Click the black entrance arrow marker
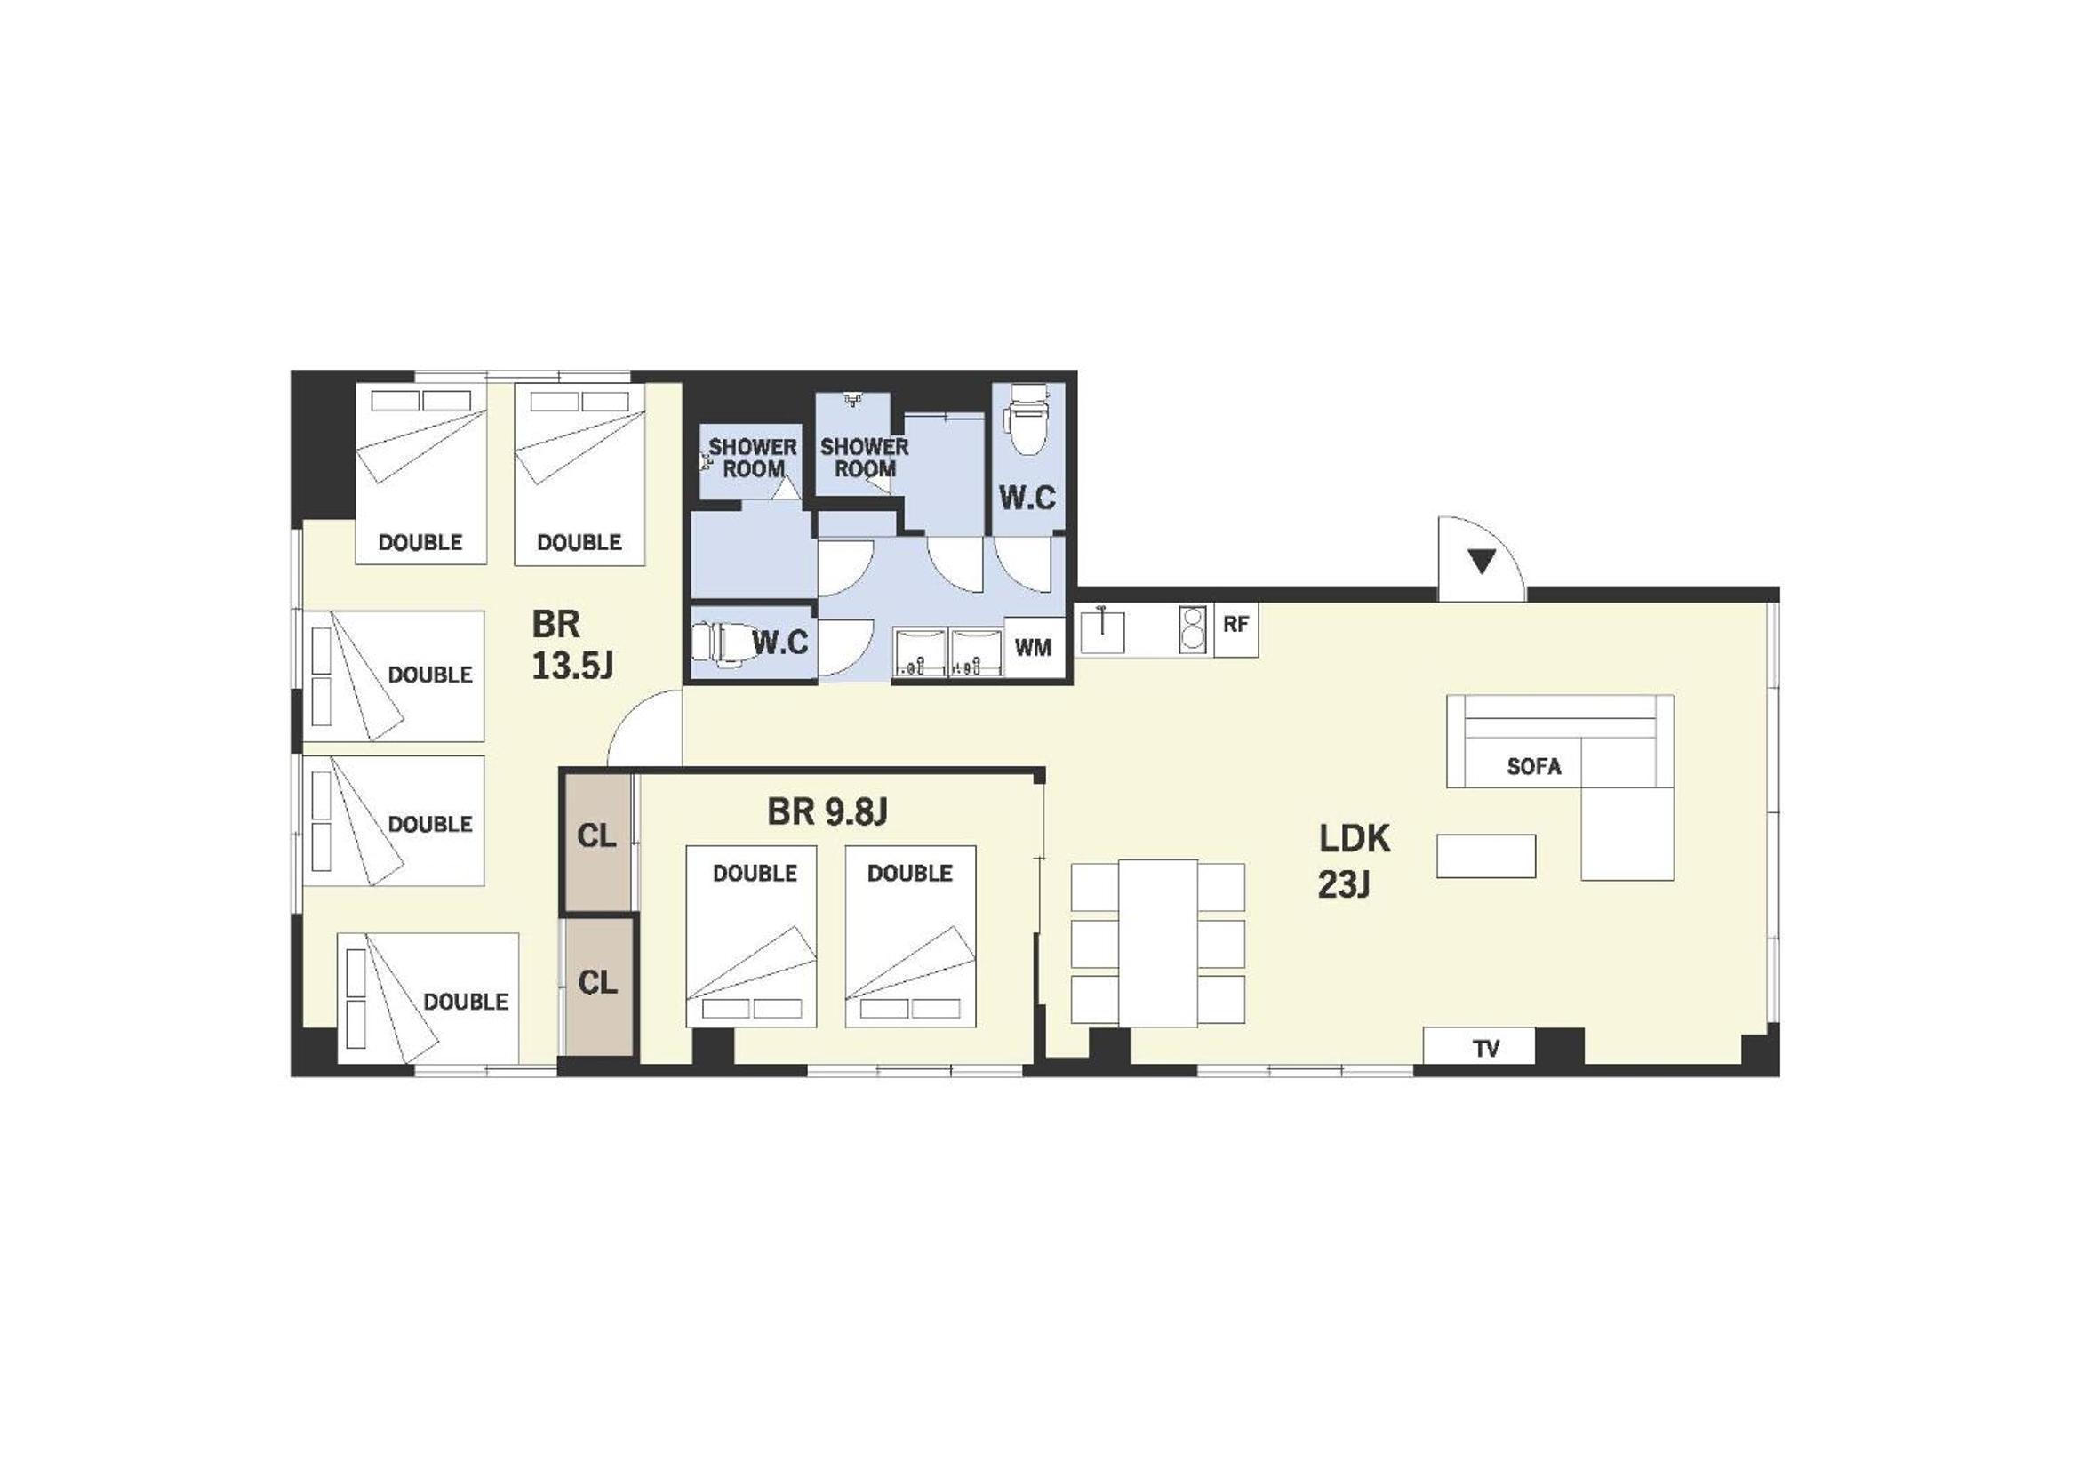click(1481, 562)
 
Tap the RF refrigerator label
click(1235, 624)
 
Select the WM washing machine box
click(1033, 646)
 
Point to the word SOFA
click(1533, 767)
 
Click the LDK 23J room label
click(1353, 861)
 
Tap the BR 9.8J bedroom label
click(827, 812)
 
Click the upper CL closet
click(596, 840)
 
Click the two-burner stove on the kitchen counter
click(1194, 628)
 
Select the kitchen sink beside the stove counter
click(1102, 630)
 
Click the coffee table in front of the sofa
click(1485, 855)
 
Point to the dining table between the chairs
click(1157, 942)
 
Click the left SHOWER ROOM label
click(752, 458)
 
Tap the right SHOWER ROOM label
click(864, 457)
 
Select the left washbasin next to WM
click(920, 651)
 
